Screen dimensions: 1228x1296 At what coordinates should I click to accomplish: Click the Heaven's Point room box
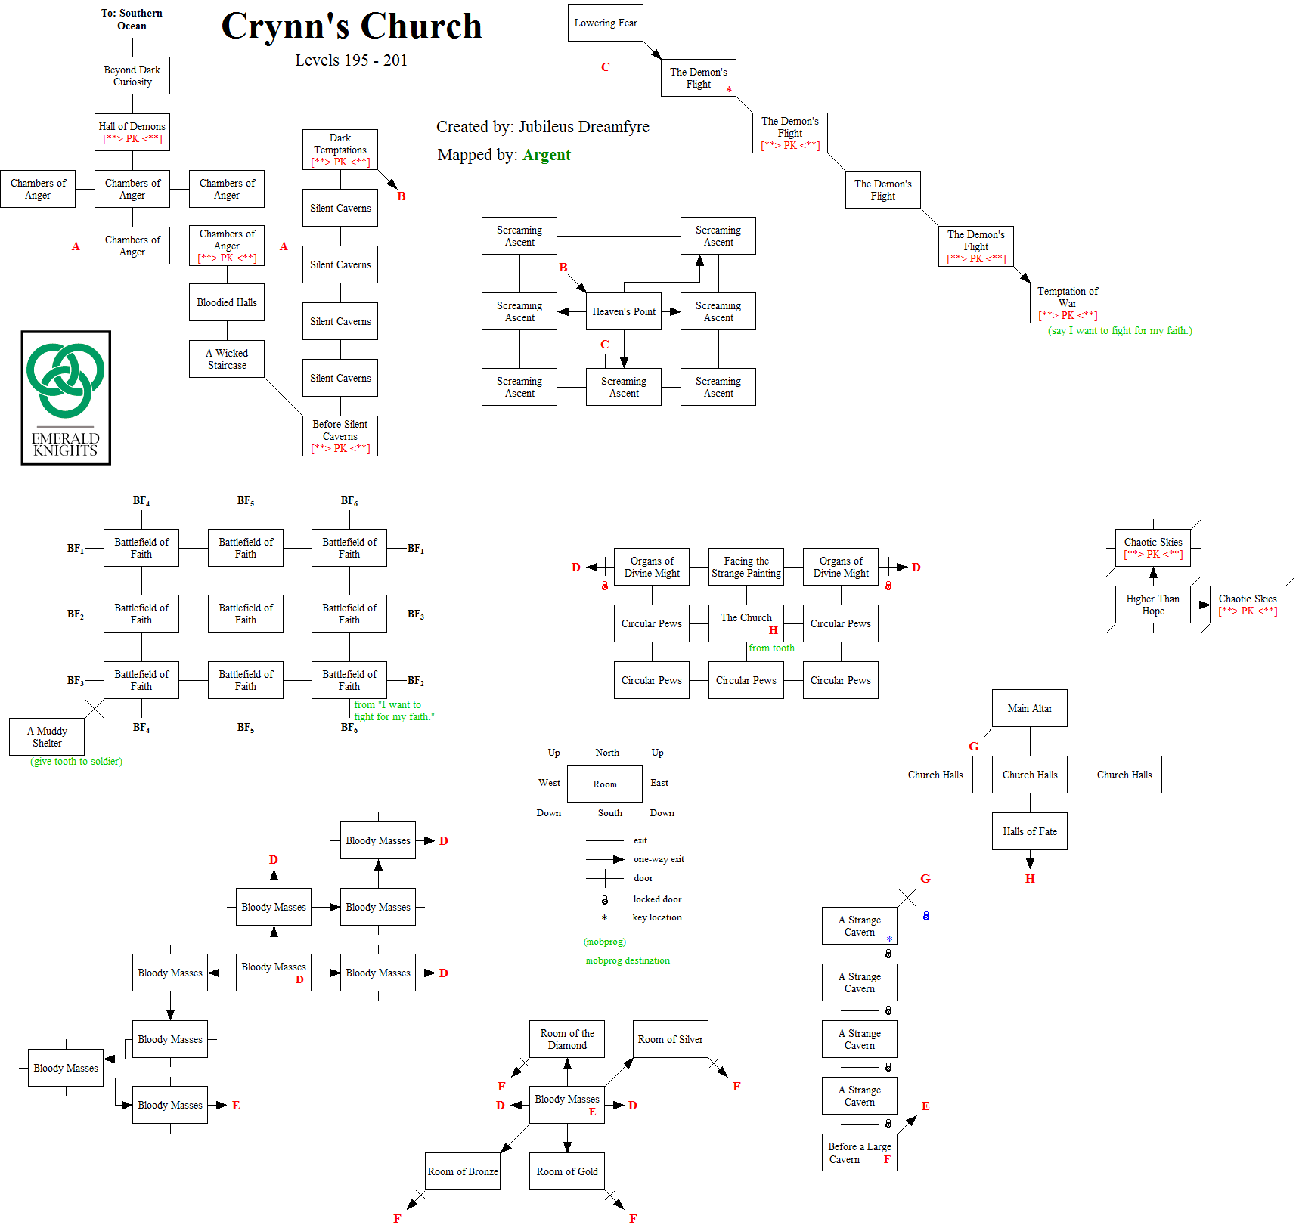click(623, 311)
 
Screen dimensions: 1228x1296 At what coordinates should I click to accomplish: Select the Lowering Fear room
click(605, 23)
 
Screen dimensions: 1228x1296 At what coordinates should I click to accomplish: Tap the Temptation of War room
click(1067, 302)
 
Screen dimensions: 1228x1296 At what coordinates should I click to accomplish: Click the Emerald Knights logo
click(66, 397)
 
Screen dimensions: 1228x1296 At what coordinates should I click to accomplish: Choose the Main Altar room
click(1029, 708)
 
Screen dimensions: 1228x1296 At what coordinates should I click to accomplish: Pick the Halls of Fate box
click(1029, 831)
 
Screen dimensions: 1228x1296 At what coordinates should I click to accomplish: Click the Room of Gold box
click(566, 1171)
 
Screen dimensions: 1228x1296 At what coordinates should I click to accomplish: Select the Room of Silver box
click(670, 1039)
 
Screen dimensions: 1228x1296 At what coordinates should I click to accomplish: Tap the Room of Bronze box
click(463, 1171)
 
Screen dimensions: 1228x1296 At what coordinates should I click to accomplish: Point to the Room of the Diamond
click(566, 1039)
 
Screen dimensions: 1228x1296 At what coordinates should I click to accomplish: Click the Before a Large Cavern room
click(859, 1152)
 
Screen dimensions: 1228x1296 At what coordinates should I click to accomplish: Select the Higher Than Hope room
click(1152, 605)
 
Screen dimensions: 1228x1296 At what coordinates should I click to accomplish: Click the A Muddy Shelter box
click(47, 737)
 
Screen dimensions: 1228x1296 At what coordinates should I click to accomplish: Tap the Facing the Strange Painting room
click(746, 567)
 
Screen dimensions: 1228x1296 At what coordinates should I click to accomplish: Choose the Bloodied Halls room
click(226, 302)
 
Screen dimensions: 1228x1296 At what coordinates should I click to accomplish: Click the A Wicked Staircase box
click(226, 359)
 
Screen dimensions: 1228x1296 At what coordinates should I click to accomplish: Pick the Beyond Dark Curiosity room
click(132, 76)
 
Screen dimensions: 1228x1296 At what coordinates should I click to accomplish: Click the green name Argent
click(546, 155)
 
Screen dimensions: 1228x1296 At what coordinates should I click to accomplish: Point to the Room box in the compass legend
click(604, 784)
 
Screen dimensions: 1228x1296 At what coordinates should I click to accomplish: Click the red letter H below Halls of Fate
click(1030, 879)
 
